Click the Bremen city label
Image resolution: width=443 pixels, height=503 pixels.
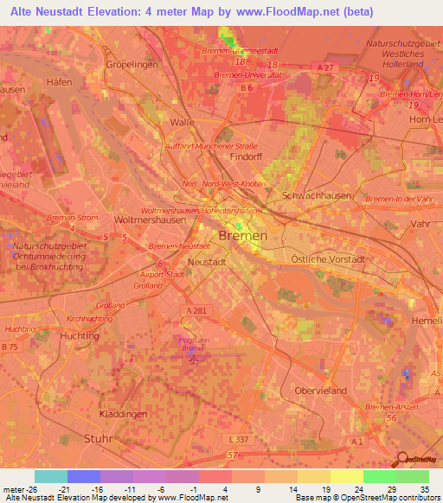click(243, 236)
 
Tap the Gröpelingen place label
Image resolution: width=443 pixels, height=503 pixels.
click(130, 65)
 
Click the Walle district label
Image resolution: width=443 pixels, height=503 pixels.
click(182, 123)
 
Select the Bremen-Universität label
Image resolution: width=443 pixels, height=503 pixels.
click(249, 75)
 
